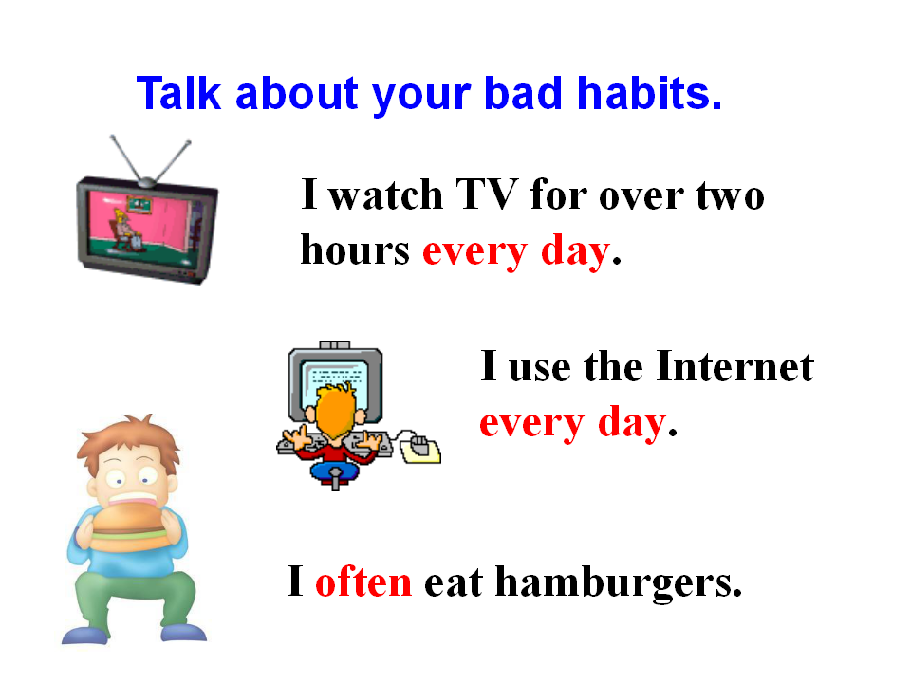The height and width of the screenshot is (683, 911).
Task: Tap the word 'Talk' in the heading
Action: (179, 93)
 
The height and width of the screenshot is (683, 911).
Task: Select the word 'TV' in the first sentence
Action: (486, 194)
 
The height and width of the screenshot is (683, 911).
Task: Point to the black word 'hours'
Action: (355, 249)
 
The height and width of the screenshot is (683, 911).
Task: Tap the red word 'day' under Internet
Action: (632, 424)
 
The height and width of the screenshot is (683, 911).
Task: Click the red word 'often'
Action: (363, 581)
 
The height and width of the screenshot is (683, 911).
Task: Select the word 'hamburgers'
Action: (619, 583)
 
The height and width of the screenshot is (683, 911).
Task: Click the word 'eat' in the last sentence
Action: (454, 583)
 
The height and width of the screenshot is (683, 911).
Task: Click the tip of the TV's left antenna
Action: (113, 138)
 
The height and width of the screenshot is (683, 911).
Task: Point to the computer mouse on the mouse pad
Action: (420, 446)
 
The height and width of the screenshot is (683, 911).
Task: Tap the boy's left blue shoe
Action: (85, 635)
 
